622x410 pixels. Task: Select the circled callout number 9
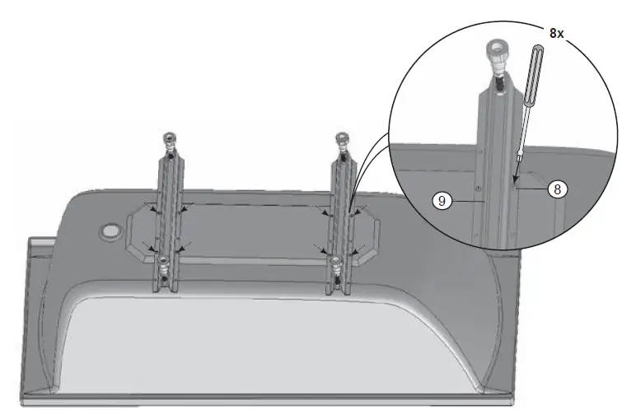[443, 200]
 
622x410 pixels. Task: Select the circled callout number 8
[558, 189]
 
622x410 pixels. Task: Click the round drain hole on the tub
[108, 232]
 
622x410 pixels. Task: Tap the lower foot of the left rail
[166, 265]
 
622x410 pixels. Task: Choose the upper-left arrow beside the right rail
[326, 212]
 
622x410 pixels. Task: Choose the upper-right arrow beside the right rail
[357, 212]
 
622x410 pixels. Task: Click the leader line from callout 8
[531, 189]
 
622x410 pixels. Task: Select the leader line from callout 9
[465, 199]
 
